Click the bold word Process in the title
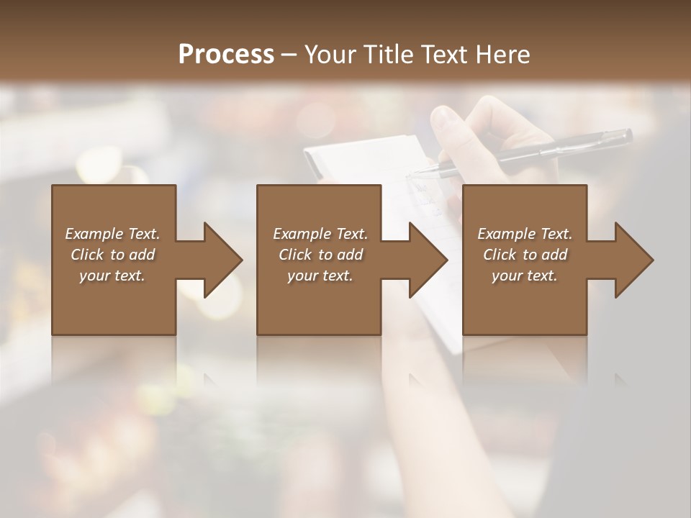(x=226, y=54)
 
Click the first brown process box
(x=114, y=302)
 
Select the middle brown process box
(x=319, y=302)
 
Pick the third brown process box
(x=524, y=302)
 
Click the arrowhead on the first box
(x=222, y=260)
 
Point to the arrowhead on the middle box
(x=428, y=260)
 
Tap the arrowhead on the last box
(x=633, y=260)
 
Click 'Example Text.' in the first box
(x=112, y=234)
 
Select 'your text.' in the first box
(x=112, y=276)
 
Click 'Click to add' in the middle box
(x=320, y=255)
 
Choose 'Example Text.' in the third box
(x=525, y=234)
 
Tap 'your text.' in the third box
(x=525, y=276)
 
